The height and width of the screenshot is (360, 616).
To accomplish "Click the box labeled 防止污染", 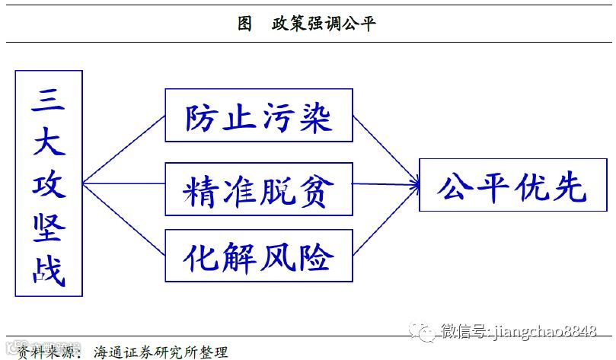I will click(259, 115).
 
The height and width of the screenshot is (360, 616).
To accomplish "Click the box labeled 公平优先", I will click(512, 184).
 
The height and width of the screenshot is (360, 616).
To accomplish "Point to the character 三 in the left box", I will click(48, 100).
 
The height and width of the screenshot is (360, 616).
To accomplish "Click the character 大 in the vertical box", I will click(48, 142).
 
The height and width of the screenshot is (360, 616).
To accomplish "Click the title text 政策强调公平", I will click(324, 24).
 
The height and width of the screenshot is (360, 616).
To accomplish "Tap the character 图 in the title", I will click(244, 24).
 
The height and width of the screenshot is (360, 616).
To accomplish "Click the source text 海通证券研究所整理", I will click(161, 352).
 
